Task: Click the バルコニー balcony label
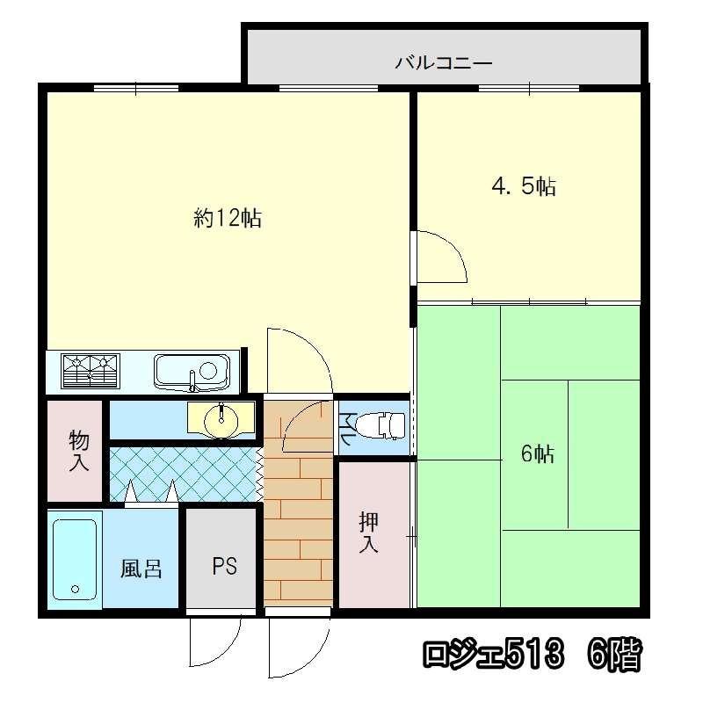(x=444, y=62)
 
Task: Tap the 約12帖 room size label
(x=228, y=218)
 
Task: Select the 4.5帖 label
(x=524, y=185)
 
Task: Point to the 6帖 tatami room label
(x=537, y=453)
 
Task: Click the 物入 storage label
(x=78, y=451)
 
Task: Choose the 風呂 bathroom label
(x=141, y=569)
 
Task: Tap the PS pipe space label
(x=224, y=566)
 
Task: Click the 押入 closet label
(x=368, y=532)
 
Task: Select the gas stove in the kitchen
(x=91, y=371)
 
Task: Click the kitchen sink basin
(x=192, y=372)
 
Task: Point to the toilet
(x=380, y=425)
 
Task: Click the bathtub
(x=75, y=560)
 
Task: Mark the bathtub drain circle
(x=75, y=589)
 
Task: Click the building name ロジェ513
(x=493, y=655)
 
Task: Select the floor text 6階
(x=614, y=655)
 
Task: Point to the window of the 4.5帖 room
(x=529, y=89)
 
